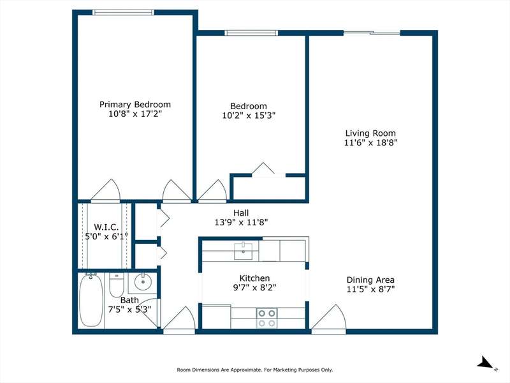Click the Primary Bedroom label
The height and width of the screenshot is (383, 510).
click(135, 105)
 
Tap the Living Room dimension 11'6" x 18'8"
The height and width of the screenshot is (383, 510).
click(371, 142)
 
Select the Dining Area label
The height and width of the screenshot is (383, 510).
click(370, 280)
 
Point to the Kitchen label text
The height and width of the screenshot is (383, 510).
click(254, 278)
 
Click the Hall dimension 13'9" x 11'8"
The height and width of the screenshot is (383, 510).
click(241, 222)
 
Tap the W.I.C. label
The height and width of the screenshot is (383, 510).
click(106, 227)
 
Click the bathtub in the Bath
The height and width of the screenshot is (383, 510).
click(91, 300)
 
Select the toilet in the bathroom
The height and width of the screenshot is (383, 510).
click(117, 285)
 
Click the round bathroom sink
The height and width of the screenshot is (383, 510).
click(142, 282)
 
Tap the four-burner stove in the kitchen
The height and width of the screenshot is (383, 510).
click(266, 318)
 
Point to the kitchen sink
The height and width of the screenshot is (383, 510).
click(243, 251)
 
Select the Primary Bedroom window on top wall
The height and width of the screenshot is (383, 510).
click(123, 12)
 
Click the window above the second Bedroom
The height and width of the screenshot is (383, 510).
click(251, 33)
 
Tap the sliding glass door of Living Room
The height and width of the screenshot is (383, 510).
click(372, 33)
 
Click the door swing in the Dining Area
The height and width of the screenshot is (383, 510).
click(329, 317)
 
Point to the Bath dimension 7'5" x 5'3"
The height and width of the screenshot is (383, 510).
click(130, 309)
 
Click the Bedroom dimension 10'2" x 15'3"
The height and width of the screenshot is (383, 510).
click(249, 116)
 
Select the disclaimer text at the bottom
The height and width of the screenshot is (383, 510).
click(255, 370)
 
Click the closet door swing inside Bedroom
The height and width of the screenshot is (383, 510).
click(263, 169)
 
